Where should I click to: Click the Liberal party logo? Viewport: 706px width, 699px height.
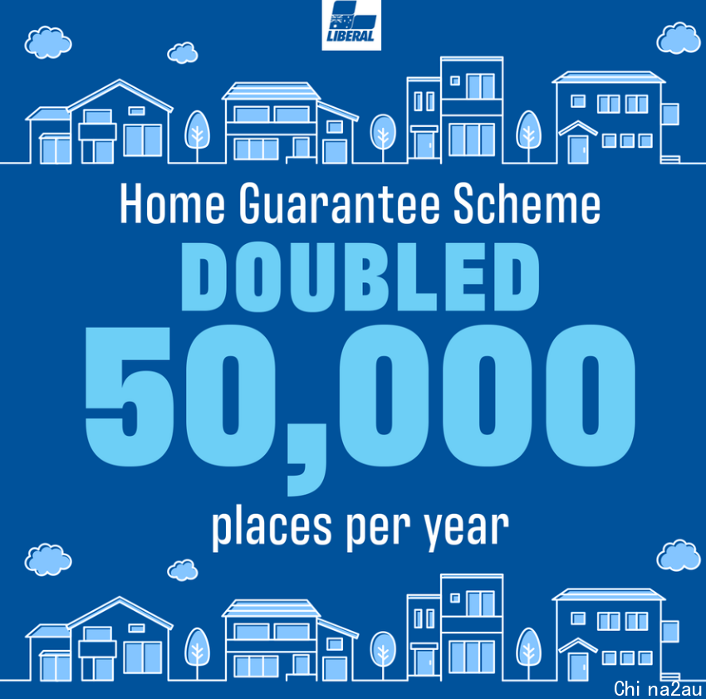(351, 25)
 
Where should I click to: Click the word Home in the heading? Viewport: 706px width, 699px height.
(172, 204)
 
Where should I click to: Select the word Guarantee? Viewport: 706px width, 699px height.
(339, 204)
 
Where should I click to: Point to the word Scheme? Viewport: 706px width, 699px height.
(527, 204)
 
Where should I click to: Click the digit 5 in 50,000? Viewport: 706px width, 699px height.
(130, 396)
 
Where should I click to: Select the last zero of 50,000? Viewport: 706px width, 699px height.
(591, 395)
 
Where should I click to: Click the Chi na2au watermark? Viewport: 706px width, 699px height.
(658, 689)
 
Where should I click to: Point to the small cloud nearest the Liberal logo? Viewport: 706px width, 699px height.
(183, 53)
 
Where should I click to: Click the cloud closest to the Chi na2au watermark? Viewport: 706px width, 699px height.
(679, 555)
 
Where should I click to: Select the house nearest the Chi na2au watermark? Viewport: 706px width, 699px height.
(616, 633)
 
